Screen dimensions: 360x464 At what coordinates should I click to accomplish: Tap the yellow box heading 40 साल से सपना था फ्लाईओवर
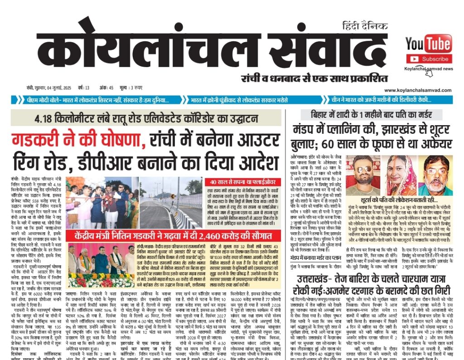point(245,181)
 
